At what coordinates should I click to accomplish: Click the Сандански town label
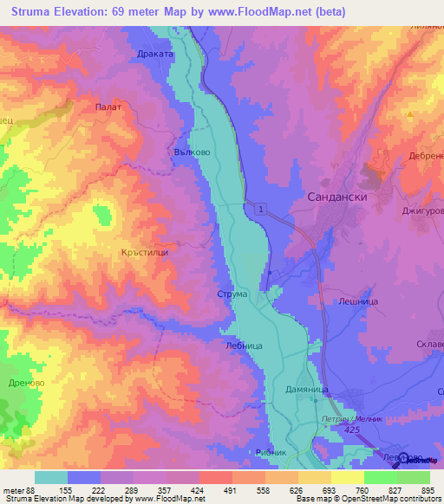click(338, 197)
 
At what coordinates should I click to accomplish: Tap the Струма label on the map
click(232, 294)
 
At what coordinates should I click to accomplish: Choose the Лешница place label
click(355, 302)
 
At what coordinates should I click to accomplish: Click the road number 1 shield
click(259, 209)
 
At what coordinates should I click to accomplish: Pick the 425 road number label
click(353, 430)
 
